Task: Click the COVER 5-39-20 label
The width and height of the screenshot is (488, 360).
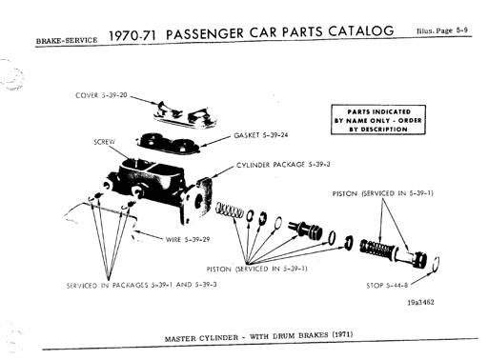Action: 101,95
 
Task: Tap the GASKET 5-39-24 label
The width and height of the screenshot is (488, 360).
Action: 261,135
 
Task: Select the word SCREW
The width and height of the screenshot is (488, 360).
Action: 105,142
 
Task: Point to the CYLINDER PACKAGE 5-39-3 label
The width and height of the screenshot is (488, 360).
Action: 283,165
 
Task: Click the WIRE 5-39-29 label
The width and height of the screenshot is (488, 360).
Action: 188,239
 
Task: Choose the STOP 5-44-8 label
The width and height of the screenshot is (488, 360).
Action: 387,285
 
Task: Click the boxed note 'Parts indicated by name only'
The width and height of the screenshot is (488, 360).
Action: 378,120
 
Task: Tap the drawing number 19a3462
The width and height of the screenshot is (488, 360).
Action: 420,302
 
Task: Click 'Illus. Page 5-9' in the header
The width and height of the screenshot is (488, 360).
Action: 442,30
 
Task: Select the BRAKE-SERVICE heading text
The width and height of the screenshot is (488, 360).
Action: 67,40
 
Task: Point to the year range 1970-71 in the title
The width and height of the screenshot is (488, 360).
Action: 132,35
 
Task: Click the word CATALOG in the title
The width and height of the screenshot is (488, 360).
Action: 361,31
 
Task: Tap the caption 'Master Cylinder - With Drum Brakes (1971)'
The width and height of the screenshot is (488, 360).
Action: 258,336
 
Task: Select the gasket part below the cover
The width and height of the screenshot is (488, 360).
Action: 168,143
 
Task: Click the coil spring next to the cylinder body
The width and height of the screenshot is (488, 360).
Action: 230,211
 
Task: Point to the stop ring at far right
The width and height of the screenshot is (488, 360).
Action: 437,264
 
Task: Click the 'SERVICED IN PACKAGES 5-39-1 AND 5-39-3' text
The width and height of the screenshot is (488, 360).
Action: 142,285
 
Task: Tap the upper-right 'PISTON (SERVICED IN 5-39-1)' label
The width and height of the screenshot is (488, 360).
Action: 383,193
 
